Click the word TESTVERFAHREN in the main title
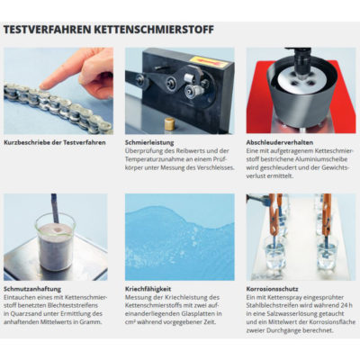pyautogui.click(x=48, y=30)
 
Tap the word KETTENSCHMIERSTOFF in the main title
pyautogui.click(x=154, y=30)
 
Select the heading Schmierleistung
pyautogui.click(x=149, y=143)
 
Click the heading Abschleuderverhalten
pyautogui.click(x=280, y=142)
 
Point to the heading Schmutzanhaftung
pyautogui.click(x=32, y=289)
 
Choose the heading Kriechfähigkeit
pyautogui.click(x=148, y=289)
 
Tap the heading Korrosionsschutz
pyautogui.click(x=272, y=289)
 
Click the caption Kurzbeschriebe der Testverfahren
pyautogui.click(x=55, y=142)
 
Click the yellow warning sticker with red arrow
pyautogui.click(x=208, y=62)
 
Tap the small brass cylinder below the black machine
pyautogui.click(x=170, y=123)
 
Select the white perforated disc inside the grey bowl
pyautogui.click(x=301, y=79)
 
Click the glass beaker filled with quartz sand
pyautogui.click(x=55, y=241)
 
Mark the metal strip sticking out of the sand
pyautogui.click(x=54, y=208)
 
